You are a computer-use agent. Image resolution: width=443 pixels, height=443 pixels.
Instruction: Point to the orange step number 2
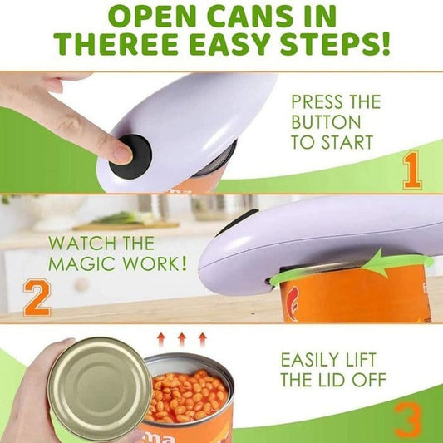point(36,298)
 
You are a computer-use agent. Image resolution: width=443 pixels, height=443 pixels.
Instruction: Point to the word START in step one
point(350,143)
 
